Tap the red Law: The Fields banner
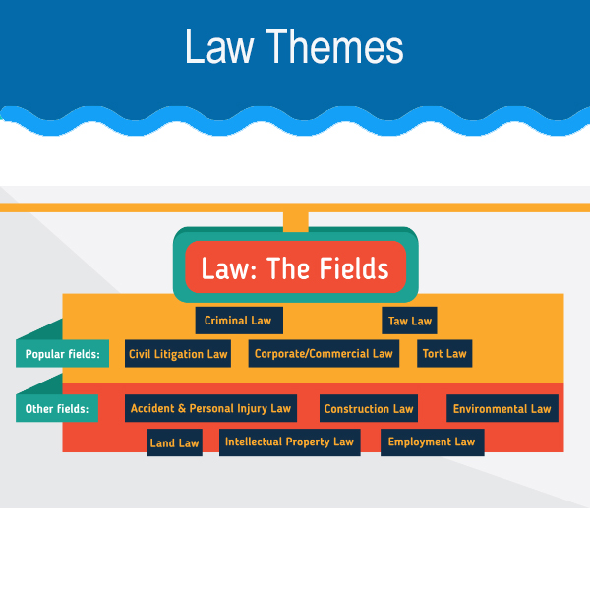[x=295, y=268]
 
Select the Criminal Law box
[x=238, y=321]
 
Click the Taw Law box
[x=409, y=321]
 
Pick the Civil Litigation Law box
[x=178, y=354]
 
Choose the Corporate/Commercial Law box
[x=324, y=354]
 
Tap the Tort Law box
[x=443, y=354]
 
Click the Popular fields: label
[x=62, y=354]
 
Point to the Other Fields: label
[x=58, y=408]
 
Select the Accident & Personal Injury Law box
[x=210, y=408]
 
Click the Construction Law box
[x=369, y=408]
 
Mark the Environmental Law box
[x=502, y=408]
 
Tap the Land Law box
[x=174, y=442]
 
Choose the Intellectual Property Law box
[x=289, y=442]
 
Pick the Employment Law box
[x=431, y=442]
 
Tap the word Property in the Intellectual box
[x=306, y=442]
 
